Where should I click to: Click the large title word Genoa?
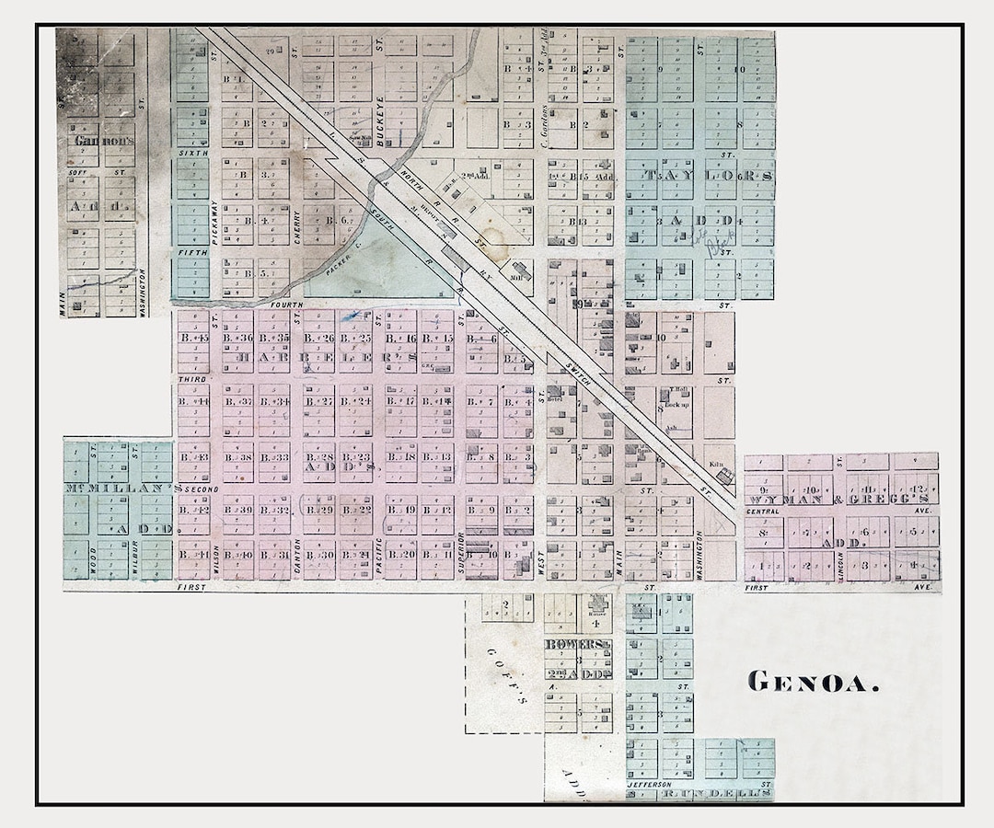point(813,682)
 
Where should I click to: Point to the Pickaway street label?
point(213,222)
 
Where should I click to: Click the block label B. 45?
point(192,339)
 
